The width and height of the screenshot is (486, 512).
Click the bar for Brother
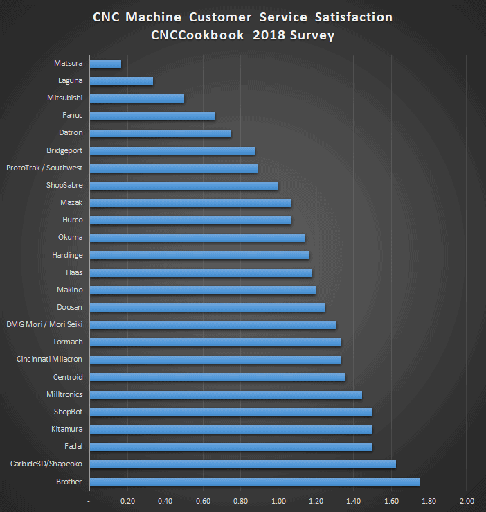[x=254, y=482]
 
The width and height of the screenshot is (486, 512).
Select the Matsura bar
[x=105, y=64]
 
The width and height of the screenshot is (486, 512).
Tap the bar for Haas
[x=201, y=272]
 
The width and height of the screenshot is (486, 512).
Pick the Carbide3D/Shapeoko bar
[x=242, y=464]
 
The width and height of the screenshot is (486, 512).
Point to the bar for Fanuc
[x=152, y=116]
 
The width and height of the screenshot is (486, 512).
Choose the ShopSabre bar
[x=183, y=185]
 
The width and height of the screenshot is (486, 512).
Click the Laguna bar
[x=121, y=81]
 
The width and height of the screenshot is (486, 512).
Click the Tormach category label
[x=68, y=342]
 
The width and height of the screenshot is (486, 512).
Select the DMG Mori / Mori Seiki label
[x=44, y=324]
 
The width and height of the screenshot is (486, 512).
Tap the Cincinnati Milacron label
[x=49, y=359]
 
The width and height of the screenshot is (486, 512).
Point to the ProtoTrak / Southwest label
[x=44, y=168]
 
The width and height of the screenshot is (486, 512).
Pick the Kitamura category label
[x=67, y=429]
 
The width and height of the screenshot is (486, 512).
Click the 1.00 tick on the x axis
[x=278, y=500]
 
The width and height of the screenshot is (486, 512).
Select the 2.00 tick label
[x=467, y=500]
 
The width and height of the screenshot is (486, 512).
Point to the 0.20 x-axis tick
[x=127, y=500]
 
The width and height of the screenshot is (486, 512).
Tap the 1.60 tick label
[x=391, y=500]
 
